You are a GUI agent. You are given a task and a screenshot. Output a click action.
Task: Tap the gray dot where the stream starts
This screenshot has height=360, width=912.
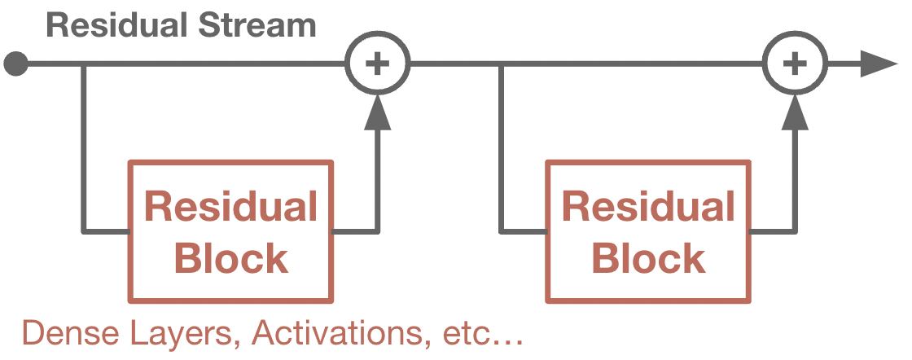point(15,64)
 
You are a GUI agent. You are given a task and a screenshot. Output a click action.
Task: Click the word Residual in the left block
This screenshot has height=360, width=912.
point(230,208)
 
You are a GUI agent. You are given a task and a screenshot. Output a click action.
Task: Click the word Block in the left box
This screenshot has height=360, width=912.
point(231,259)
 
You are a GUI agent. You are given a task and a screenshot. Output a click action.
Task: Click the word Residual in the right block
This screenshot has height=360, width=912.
point(648,208)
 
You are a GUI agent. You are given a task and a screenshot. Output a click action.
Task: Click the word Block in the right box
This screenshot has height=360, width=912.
point(649,259)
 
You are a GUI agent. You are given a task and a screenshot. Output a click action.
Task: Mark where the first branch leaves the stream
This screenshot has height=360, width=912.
point(83,64)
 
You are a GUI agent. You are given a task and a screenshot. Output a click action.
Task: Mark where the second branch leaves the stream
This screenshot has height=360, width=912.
point(500,64)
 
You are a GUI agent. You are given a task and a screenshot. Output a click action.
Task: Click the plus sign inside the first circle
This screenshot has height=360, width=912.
point(377,64)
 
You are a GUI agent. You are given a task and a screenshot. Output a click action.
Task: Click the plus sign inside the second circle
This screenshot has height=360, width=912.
point(795,64)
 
